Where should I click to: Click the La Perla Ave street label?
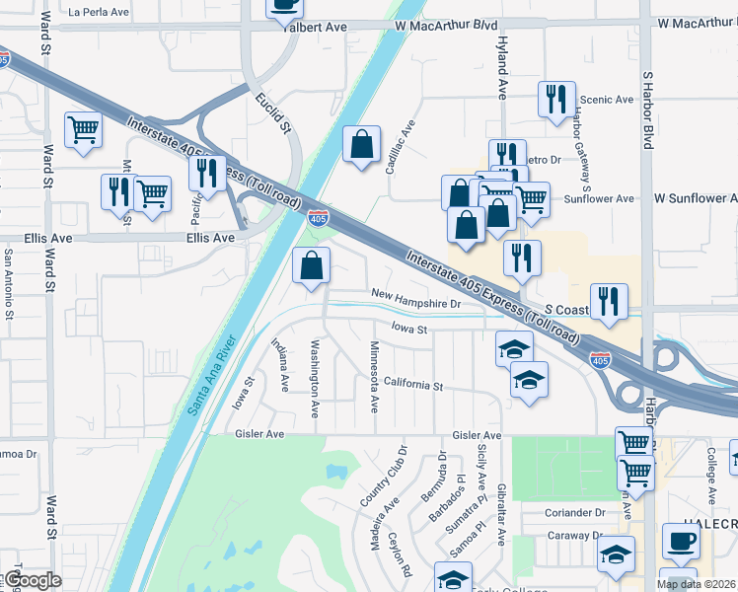point(100,13)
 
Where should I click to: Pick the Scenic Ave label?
point(607,100)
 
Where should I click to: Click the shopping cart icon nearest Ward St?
point(83,129)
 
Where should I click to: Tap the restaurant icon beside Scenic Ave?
point(556,99)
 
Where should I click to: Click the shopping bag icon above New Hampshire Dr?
point(311,265)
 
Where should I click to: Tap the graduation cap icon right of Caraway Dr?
point(616,555)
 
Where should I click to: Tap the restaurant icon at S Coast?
point(609,301)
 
